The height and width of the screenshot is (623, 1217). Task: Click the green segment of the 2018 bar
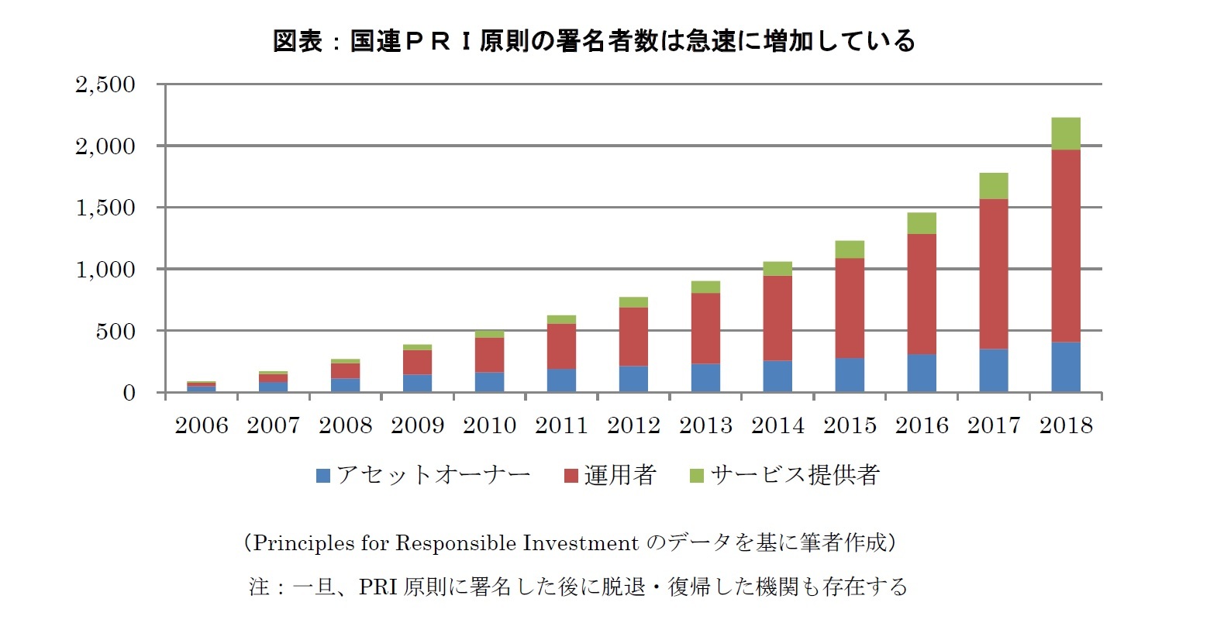(1066, 133)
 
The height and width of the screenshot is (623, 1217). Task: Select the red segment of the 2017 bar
(994, 274)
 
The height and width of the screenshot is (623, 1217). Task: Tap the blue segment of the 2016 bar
(922, 373)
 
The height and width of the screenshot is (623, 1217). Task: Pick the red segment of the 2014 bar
(777, 318)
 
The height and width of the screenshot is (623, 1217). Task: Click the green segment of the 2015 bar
(850, 250)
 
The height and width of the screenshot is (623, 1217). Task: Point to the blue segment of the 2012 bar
(633, 379)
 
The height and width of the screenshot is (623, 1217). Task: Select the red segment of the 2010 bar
(489, 355)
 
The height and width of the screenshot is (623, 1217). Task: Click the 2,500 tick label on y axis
(105, 84)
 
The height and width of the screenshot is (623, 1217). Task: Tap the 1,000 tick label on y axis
(105, 269)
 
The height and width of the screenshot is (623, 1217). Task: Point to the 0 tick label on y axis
(129, 393)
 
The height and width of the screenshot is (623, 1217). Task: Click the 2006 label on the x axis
(202, 425)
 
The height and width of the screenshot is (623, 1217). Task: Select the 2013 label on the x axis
(705, 425)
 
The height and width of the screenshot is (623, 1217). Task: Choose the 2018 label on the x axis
(1066, 425)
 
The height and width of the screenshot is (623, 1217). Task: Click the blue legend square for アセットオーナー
(323, 476)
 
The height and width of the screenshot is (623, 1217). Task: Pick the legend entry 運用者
(619, 475)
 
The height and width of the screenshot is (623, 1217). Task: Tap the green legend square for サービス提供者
(696, 476)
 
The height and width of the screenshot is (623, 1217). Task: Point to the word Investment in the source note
(581, 542)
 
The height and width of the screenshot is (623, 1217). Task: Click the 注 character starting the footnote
(258, 587)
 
